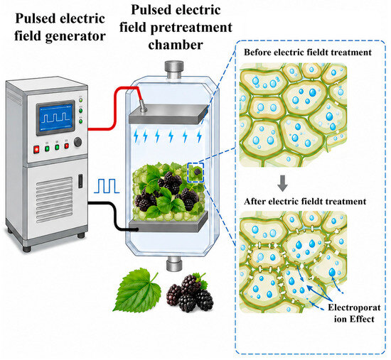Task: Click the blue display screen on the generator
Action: tap(55, 118)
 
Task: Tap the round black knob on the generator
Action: tap(77, 142)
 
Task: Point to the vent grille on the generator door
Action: tap(54, 200)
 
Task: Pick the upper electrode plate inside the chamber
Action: tap(168, 114)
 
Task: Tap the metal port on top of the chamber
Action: tap(174, 70)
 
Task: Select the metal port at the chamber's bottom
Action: tap(174, 263)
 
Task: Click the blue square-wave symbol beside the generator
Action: tap(107, 186)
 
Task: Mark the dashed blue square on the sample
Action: tap(195, 173)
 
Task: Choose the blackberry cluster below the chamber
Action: tap(190, 293)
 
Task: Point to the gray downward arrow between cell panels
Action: tap(282, 183)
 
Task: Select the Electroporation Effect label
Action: tap(354, 313)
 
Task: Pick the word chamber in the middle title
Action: tap(176, 45)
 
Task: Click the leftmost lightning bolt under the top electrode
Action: tap(136, 136)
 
